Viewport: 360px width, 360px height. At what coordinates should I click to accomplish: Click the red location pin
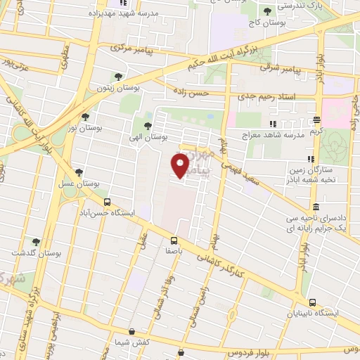coord(181,165)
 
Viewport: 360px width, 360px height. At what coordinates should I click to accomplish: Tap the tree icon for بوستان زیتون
coord(117,77)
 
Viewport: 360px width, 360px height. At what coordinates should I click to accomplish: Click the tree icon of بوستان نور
coord(86,117)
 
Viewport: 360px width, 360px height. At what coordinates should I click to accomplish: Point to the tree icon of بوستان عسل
coord(79,171)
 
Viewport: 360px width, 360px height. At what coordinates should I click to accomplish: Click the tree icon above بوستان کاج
coord(266,11)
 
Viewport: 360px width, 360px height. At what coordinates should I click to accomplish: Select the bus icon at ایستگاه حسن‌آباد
coord(107,202)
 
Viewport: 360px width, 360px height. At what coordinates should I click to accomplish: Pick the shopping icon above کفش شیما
coord(131,331)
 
